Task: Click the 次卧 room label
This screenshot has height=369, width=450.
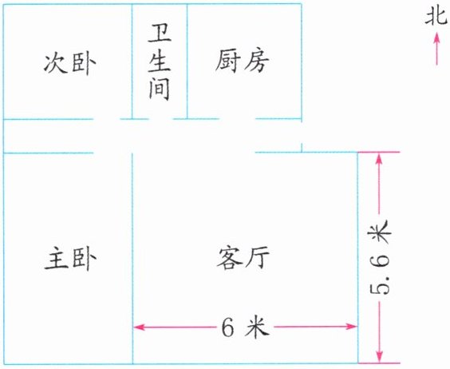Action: (x=69, y=63)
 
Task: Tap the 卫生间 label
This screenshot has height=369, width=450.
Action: (x=160, y=62)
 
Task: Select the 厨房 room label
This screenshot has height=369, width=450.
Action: (x=243, y=61)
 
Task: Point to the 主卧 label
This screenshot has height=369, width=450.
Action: (x=70, y=259)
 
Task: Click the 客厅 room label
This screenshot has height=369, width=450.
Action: (x=243, y=258)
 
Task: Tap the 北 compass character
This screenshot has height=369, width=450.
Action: (x=436, y=17)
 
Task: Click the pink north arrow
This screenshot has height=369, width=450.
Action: (x=436, y=48)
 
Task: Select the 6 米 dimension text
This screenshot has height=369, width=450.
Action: (x=246, y=327)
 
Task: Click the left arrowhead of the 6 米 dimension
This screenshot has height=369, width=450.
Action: (x=139, y=327)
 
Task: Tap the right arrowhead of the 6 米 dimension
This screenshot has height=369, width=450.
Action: (x=352, y=326)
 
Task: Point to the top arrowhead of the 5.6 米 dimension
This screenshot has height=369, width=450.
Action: (x=380, y=158)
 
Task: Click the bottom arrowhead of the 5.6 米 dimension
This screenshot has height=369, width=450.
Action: (x=380, y=357)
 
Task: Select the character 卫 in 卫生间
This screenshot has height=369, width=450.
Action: (x=160, y=34)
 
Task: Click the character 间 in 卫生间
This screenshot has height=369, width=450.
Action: (x=160, y=89)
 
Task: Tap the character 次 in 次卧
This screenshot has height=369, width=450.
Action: (x=54, y=63)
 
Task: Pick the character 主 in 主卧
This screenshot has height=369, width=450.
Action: (x=56, y=259)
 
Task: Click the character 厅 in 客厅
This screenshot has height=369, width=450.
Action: (x=258, y=258)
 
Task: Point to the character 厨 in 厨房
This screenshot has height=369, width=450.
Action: (x=227, y=61)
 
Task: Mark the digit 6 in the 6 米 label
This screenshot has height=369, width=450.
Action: (x=228, y=327)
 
